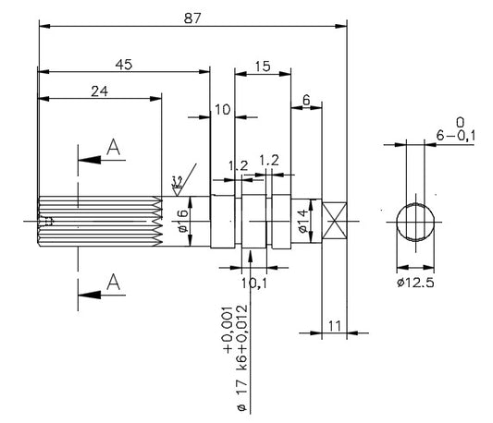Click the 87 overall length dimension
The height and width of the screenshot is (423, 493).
pyautogui.click(x=192, y=18)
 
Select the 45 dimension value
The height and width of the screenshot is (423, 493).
pyautogui.click(x=124, y=65)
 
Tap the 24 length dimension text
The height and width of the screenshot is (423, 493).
pyautogui.click(x=99, y=91)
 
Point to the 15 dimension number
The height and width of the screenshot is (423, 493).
pyautogui.click(x=263, y=66)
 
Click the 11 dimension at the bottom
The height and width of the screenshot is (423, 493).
pyautogui.click(x=335, y=326)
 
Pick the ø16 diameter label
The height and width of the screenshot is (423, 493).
pyautogui.click(x=183, y=221)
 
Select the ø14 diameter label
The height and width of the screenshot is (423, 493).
pyautogui.click(x=302, y=222)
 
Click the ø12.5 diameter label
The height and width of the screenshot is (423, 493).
pyautogui.click(x=415, y=283)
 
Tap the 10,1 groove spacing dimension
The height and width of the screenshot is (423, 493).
pyautogui.click(x=254, y=284)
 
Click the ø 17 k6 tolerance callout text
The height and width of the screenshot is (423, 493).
pyautogui.click(x=237, y=359)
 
